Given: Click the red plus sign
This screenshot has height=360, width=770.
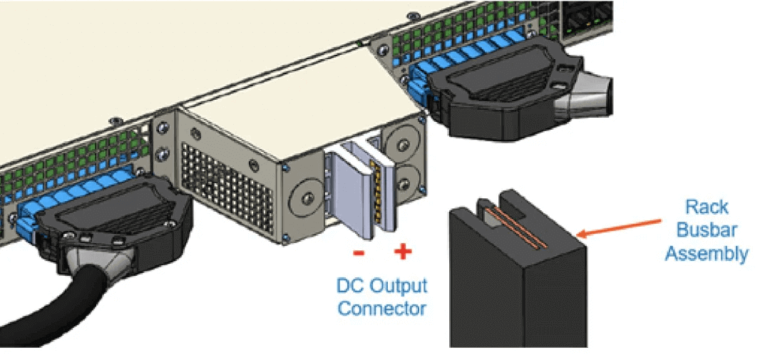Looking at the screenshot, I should [x=403, y=252].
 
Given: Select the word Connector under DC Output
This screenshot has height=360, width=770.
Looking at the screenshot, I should [x=381, y=309].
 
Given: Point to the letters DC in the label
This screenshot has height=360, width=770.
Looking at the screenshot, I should [x=349, y=287].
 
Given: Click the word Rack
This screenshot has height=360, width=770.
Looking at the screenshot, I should [x=707, y=207].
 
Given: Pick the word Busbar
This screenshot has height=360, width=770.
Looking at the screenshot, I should [x=707, y=230].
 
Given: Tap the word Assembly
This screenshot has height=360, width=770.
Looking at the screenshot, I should [x=707, y=253].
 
